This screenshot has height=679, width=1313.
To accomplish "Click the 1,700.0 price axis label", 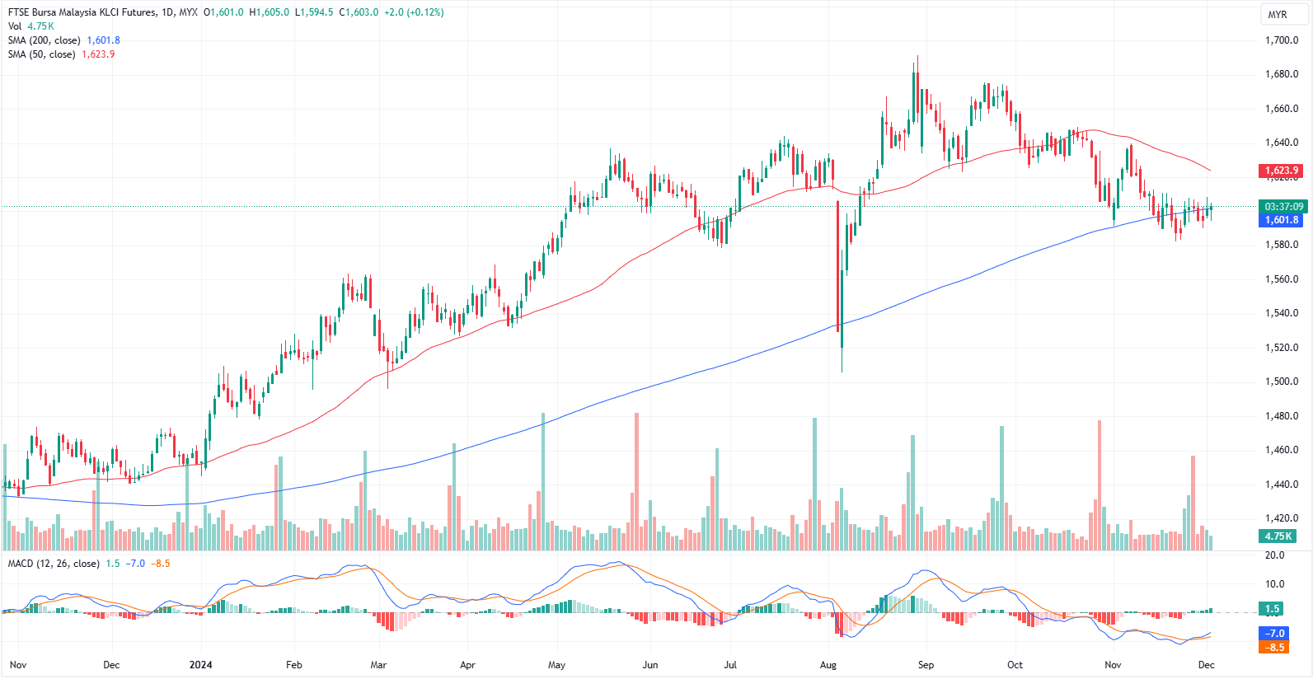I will [x=1282, y=40].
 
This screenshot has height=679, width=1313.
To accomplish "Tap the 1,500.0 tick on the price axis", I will [x=1282, y=382].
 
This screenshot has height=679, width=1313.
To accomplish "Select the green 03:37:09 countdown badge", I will [x=1283, y=207].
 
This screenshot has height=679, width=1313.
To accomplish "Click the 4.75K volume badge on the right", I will [x=1278, y=536].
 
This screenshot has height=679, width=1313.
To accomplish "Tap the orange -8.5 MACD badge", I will [x=1274, y=648].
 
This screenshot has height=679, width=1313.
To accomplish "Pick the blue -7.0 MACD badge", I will [x=1274, y=634].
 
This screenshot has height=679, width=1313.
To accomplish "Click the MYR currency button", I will [x=1278, y=15].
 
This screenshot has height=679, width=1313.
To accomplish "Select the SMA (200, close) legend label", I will [x=45, y=40].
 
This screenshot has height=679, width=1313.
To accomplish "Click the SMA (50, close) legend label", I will [x=41, y=54].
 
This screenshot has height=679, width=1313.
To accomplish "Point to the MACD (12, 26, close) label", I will [x=54, y=564].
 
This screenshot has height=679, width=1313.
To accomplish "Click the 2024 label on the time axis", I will [x=200, y=665].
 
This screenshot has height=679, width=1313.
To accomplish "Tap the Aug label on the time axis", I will [x=828, y=665].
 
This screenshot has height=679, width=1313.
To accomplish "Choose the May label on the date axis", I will [x=556, y=665].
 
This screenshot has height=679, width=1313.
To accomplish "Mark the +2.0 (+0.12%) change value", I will [x=414, y=12].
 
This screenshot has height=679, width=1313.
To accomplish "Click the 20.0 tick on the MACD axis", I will [x=1274, y=555].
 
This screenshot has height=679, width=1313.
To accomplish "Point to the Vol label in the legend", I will [x=15, y=26].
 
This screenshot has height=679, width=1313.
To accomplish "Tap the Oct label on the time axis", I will [x=1015, y=665].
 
